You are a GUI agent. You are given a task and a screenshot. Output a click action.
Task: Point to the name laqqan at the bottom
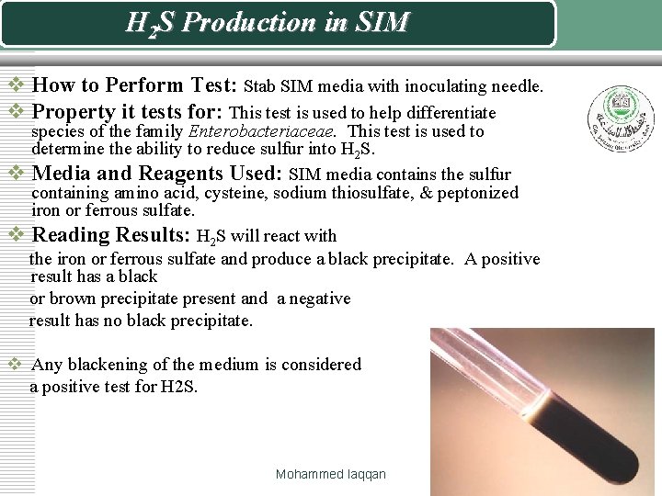(x=366, y=474)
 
